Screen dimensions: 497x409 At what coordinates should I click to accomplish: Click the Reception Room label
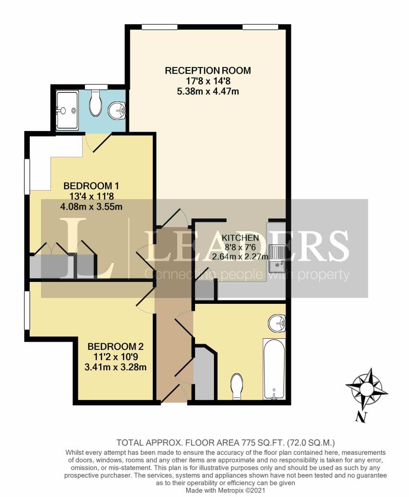point(208,70)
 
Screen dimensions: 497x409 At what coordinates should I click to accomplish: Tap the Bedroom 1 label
point(91,185)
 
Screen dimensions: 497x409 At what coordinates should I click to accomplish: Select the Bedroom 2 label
point(115,347)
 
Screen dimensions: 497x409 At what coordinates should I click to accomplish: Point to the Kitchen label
point(240,238)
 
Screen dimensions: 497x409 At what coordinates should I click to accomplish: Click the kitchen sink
point(278,257)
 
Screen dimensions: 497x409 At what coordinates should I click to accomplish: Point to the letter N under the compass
point(360,416)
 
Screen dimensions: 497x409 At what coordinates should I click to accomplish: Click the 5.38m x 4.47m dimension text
point(208,91)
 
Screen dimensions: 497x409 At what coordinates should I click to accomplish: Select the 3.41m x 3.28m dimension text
point(115,367)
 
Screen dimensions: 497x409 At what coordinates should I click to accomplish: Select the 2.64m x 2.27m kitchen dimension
point(240,257)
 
